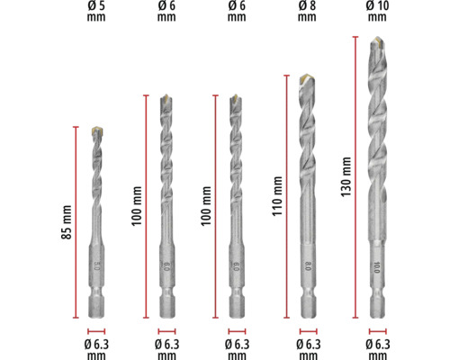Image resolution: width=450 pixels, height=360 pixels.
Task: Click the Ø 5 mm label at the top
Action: pyautogui.click(x=96, y=11)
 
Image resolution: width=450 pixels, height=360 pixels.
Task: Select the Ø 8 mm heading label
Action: pyautogui.click(x=307, y=11)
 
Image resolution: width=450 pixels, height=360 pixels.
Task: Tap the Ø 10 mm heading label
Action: pyautogui.click(x=377, y=11)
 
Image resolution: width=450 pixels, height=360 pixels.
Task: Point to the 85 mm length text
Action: pyautogui.click(x=67, y=222)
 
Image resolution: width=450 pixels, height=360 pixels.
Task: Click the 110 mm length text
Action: pyautogui.click(x=277, y=196)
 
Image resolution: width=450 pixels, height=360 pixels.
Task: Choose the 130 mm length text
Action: pyautogui.click(x=346, y=176)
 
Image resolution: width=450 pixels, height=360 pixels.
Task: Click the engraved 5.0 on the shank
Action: pyautogui.click(x=96, y=265)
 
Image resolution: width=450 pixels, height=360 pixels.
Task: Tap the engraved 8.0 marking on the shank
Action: pyautogui.click(x=308, y=265)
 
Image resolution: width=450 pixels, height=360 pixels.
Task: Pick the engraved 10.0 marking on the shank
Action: pyautogui.click(x=377, y=267)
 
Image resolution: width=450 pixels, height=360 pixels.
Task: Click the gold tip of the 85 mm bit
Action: pyautogui.click(x=97, y=130)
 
